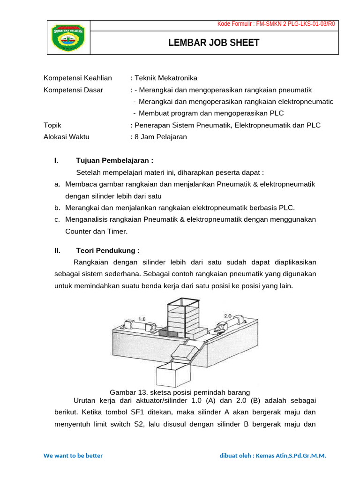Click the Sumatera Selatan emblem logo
coord(68,37)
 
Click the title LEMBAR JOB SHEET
coord(214,43)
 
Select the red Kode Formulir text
coord(276,25)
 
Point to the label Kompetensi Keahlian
coord(77,78)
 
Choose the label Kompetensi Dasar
coord(74,90)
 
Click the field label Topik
coord(52,125)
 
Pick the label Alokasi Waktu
coord(66,137)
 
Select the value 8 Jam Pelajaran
coord(160,137)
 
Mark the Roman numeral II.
coord(57,250)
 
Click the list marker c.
coord(57,219)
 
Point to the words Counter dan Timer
coord(96,231)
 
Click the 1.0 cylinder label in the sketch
coord(142,319)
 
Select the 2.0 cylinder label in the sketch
coord(227,316)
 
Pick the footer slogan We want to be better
coord(73,456)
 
